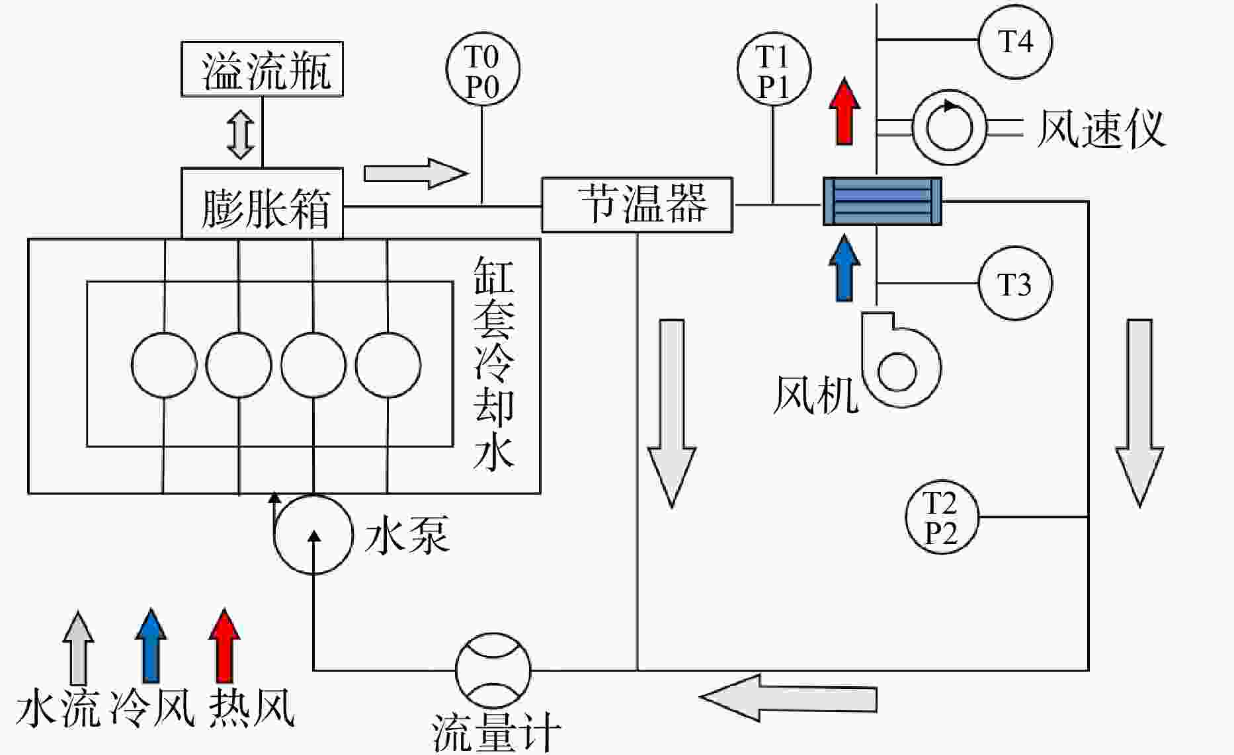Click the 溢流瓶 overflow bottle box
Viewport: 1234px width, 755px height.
click(x=262, y=69)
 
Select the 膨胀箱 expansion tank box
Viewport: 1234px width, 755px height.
click(x=262, y=203)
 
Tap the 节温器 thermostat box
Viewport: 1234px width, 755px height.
click(x=637, y=205)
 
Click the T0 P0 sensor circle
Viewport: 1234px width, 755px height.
click(x=483, y=69)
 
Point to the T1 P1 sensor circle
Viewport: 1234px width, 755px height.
click(x=774, y=69)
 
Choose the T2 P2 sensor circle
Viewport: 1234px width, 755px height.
click(x=942, y=517)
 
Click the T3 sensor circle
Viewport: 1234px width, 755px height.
click(x=1015, y=284)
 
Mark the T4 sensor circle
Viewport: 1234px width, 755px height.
click(x=1015, y=41)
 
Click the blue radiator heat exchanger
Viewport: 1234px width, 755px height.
click(x=882, y=201)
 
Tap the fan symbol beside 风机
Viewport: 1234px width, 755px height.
click(x=900, y=361)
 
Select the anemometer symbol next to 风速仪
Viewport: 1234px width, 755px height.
click(x=949, y=127)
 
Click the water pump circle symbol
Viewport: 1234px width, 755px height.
click(x=313, y=534)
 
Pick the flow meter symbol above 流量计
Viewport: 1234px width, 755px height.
click(x=493, y=670)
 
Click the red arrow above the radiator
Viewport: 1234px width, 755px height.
click(x=844, y=112)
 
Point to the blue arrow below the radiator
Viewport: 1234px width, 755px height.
click(x=844, y=268)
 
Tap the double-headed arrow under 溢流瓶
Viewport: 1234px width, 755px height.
click(x=241, y=135)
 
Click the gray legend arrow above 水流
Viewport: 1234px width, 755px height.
click(x=78, y=647)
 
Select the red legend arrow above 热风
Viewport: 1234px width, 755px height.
click(x=224, y=646)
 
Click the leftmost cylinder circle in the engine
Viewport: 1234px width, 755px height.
click(x=164, y=365)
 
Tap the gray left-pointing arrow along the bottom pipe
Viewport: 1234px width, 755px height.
click(x=788, y=698)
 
